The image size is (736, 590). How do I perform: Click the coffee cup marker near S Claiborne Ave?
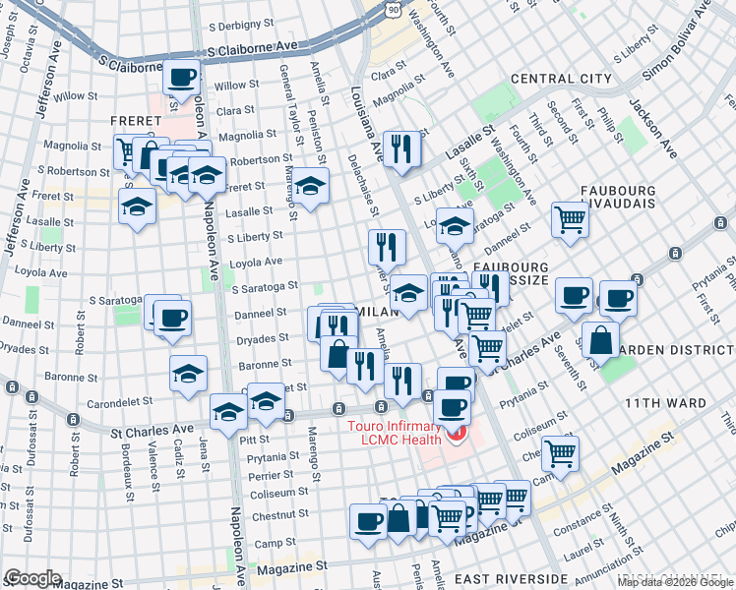pyautogui.click(x=182, y=77)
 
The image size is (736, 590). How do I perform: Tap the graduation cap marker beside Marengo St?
pyautogui.click(x=310, y=185)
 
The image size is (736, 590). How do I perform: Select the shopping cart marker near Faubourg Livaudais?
pyautogui.click(x=570, y=220)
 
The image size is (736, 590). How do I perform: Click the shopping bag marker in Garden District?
pyautogui.click(x=600, y=339)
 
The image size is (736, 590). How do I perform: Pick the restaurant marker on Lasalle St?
pyautogui.click(x=401, y=147)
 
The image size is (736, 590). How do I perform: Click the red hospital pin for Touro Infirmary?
pyautogui.click(x=454, y=434)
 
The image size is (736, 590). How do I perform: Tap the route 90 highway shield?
pyautogui.click(x=393, y=9)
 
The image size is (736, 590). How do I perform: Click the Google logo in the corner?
pyautogui.click(x=32, y=578)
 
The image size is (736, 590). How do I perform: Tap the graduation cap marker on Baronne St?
pyautogui.click(x=188, y=373)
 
